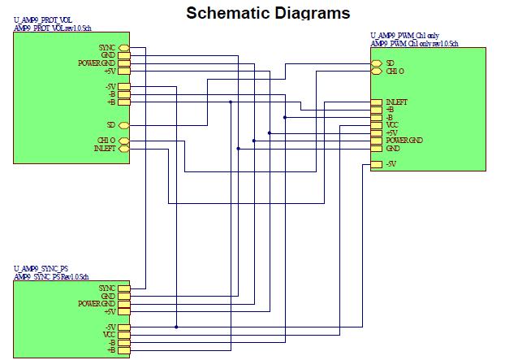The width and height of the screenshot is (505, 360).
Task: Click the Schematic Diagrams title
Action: coord(268,13)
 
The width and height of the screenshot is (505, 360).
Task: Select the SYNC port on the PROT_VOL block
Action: coord(124,48)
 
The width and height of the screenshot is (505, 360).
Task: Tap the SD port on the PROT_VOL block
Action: coord(124,125)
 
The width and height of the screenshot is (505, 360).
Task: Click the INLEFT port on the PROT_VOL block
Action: coord(124,149)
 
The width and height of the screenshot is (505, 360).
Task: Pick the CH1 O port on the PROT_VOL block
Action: coord(124,141)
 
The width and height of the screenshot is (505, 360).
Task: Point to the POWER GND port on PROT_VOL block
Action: coord(124,63)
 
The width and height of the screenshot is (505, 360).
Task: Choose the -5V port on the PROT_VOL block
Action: coord(124,86)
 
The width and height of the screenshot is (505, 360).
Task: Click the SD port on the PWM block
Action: coord(376,63)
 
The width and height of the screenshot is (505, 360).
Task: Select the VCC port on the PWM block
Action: coord(376,125)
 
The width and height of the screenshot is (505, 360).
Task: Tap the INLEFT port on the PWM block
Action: coord(376,102)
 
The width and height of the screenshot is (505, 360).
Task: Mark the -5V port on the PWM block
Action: coord(376,164)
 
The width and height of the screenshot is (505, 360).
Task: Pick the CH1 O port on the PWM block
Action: coord(376,72)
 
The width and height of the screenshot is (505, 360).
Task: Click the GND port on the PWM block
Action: coord(376,149)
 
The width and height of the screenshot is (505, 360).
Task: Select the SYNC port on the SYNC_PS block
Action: coord(124,288)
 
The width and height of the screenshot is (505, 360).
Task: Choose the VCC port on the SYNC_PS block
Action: coord(124,334)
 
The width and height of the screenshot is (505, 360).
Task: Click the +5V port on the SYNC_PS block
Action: coord(124,311)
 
